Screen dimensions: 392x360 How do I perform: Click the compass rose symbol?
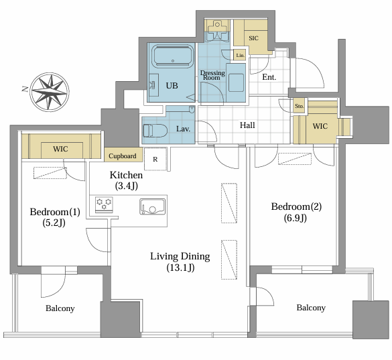[50, 92]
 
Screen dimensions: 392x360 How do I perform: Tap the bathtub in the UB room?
[173, 56]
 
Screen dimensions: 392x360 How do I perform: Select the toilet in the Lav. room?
[155, 131]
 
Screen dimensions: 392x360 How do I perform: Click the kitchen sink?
[153, 206]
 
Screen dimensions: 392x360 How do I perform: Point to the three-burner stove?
[104, 204]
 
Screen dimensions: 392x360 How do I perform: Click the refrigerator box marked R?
[155, 159]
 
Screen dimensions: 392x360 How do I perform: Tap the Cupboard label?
[122, 156]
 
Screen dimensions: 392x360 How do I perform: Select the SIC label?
[253, 38]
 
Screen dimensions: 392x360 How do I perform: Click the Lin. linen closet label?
[241, 55]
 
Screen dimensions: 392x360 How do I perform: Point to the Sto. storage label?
[300, 106]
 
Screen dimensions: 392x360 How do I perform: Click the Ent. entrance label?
[269, 77]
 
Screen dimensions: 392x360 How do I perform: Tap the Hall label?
[247, 125]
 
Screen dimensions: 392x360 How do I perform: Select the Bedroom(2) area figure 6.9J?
[296, 218]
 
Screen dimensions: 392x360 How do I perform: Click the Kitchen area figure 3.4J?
[127, 186]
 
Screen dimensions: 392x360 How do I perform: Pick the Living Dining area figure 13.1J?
[180, 267]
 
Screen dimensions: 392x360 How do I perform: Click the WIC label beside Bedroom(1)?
[60, 149]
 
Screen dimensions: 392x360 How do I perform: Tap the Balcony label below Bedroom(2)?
[311, 308]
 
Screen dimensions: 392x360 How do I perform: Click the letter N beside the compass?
[25, 88]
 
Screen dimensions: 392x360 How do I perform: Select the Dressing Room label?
[212, 75]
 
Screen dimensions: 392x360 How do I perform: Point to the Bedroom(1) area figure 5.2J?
[54, 223]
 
